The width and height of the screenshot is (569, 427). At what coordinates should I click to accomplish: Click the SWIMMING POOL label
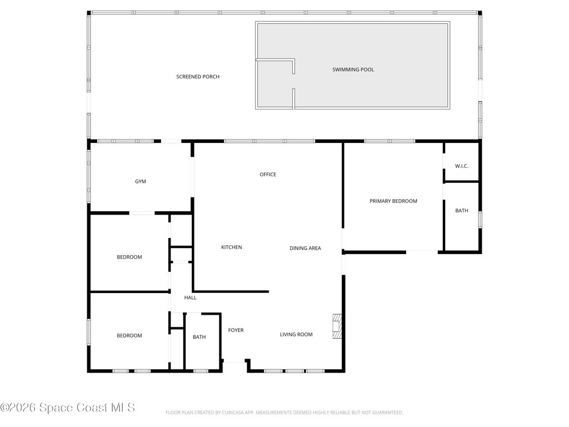pyautogui.click(x=353, y=69)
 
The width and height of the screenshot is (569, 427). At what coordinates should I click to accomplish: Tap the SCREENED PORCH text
pyautogui.click(x=198, y=77)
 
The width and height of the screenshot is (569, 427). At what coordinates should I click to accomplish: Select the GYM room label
pyautogui.click(x=141, y=182)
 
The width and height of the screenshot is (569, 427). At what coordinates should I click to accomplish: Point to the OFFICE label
pyautogui.click(x=268, y=175)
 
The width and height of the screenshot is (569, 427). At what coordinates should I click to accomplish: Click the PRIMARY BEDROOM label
pyautogui.click(x=393, y=201)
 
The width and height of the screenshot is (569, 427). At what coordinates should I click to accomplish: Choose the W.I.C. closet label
pyautogui.click(x=461, y=166)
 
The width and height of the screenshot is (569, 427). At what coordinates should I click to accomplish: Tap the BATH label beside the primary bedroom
pyautogui.click(x=461, y=211)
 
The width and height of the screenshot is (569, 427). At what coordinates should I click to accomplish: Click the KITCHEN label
pyautogui.click(x=231, y=247)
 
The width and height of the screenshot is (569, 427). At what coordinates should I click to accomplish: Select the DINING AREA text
pyautogui.click(x=305, y=249)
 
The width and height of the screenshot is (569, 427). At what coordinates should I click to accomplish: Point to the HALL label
pyautogui.click(x=190, y=298)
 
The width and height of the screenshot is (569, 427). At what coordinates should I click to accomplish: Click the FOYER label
pyautogui.click(x=236, y=330)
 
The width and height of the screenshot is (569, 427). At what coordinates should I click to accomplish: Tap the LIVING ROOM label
pyautogui.click(x=296, y=335)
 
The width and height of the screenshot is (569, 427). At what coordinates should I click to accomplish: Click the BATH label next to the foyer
pyautogui.click(x=199, y=337)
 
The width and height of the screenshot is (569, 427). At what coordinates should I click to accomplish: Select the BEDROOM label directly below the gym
pyautogui.click(x=129, y=257)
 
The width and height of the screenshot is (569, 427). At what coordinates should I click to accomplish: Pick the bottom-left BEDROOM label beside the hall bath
pyautogui.click(x=129, y=336)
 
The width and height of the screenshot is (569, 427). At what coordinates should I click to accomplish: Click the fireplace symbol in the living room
pyautogui.click(x=337, y=326)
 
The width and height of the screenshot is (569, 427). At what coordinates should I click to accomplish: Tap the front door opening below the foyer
pyautogui.click(x=234, y=363)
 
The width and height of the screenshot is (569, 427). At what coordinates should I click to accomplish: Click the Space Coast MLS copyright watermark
pyautogui.click(x=68, y=408)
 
